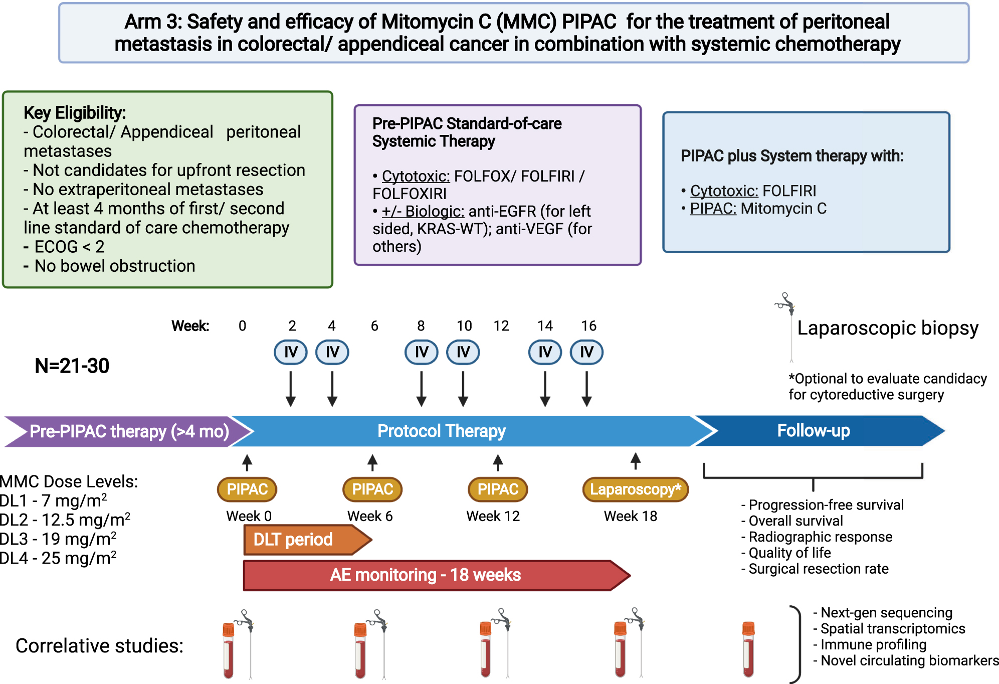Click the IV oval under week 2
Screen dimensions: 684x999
click(291, 352)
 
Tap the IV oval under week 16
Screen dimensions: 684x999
click(586, 352)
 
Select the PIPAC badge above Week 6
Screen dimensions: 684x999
click(372, 489)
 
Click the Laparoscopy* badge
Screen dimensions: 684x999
click(635, 489)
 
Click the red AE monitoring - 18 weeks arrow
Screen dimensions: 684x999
click(426, 575)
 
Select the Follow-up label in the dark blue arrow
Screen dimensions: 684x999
click(813, 431)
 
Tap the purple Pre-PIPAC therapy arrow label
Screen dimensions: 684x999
click(129, 431)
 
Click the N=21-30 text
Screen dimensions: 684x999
click(72, 366)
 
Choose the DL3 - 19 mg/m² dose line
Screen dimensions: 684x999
click(59, 539)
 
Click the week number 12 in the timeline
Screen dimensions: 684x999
click(501, 326)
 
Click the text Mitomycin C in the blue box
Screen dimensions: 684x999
click(783, 209)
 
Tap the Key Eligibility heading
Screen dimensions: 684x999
click(75, 113)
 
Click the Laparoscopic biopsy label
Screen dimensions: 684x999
click(887, 328)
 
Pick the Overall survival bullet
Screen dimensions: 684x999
click(795, 521)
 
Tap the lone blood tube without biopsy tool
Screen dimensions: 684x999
click(748, 649)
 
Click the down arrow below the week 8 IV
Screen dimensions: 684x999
click(421, 389)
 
